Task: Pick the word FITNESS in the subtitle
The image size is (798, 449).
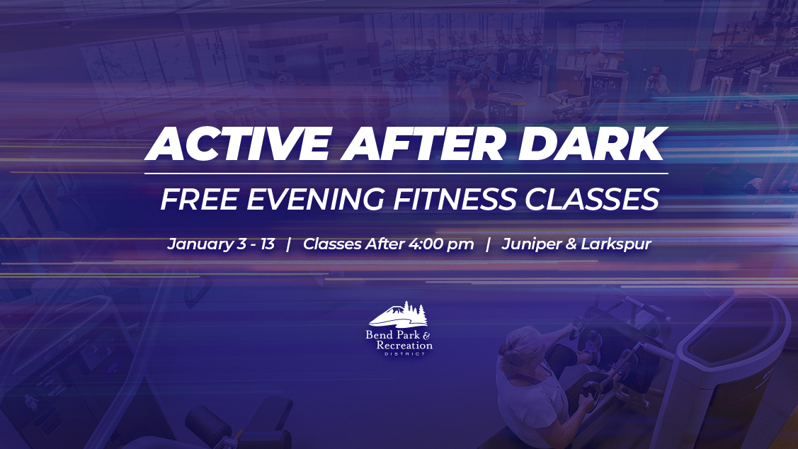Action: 454,199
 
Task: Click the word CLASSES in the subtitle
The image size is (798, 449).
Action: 592,199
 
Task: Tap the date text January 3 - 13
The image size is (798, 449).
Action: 221,244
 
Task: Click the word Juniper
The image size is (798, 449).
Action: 532,244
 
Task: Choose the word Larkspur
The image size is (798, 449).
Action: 616,244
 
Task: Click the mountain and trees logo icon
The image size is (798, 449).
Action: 399,314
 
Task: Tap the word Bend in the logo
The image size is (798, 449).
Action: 379,335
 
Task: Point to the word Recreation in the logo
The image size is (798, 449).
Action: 404,345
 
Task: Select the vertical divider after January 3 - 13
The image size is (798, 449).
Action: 289,244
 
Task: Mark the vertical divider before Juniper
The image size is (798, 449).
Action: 488,244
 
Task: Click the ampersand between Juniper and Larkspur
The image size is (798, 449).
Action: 571,244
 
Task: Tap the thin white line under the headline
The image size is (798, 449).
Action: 406,174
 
